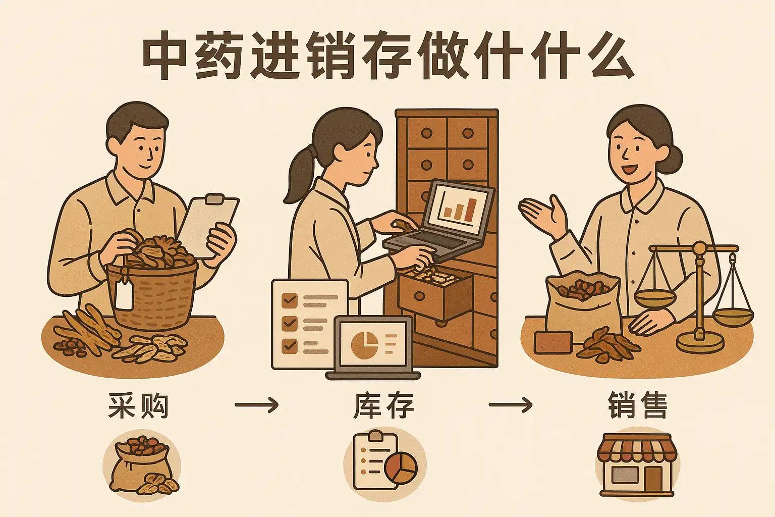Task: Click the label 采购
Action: (x=138, y=406)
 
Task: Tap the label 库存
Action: (x=383, y=406)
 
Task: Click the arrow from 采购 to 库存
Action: (x=256, y=404)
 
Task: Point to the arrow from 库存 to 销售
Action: (x=510, y=404)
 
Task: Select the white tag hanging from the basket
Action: (x=124, y=295)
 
